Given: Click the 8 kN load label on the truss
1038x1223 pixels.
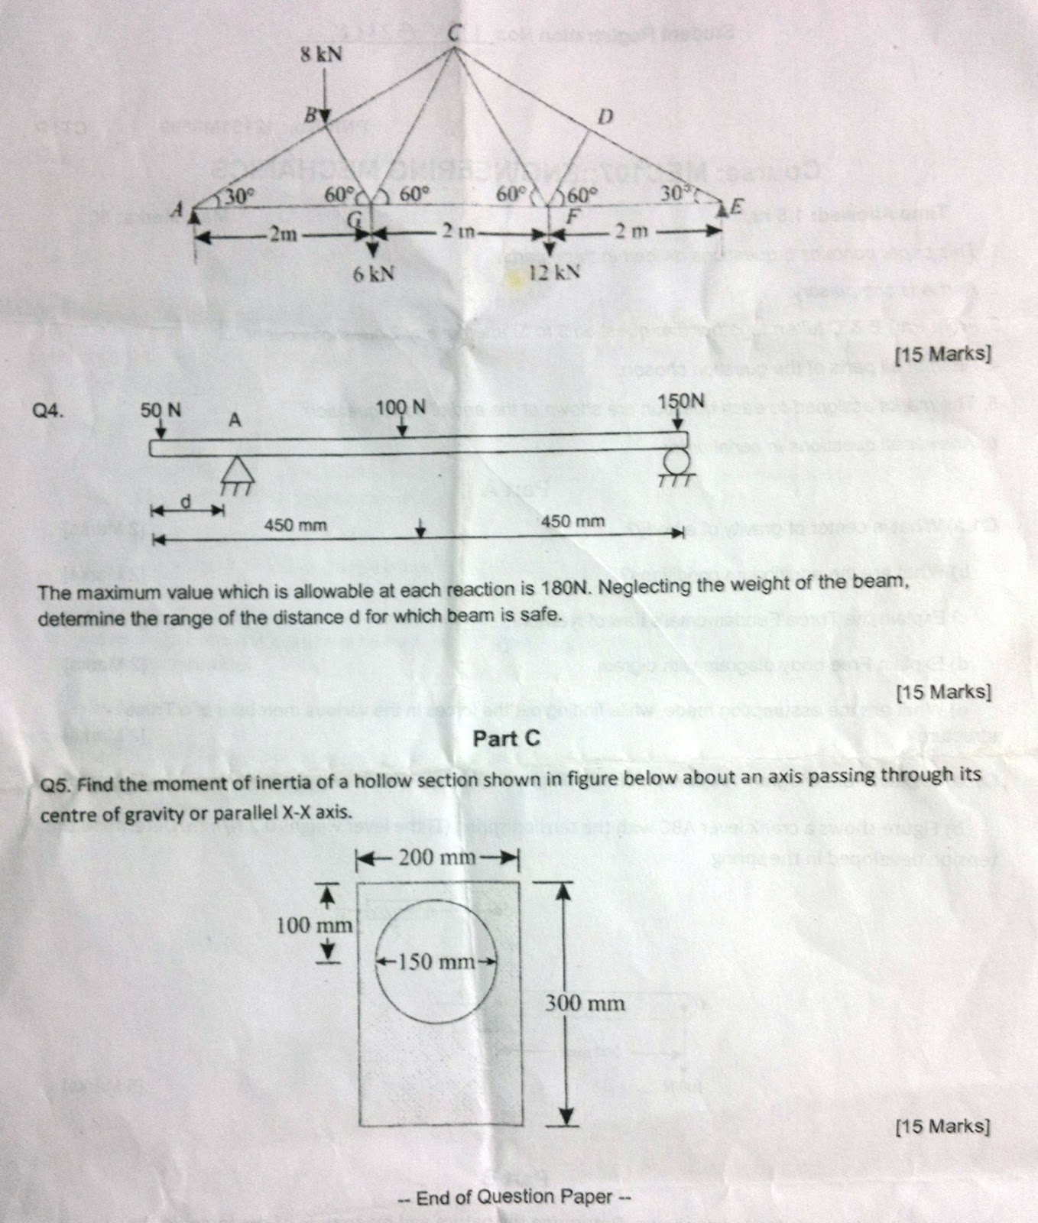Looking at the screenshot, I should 320,56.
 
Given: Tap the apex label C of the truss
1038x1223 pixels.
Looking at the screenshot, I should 455,31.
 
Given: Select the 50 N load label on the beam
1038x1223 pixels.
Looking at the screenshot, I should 161,410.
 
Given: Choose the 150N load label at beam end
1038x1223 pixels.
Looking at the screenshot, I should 682,401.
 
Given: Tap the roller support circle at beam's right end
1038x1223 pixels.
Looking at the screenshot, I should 676,461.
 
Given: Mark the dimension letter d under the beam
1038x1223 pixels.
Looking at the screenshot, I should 184,500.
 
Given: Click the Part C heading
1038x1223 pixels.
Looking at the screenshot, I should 506,738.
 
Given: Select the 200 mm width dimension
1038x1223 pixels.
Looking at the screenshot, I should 439,857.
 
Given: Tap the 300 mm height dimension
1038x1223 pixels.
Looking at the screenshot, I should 585,1003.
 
